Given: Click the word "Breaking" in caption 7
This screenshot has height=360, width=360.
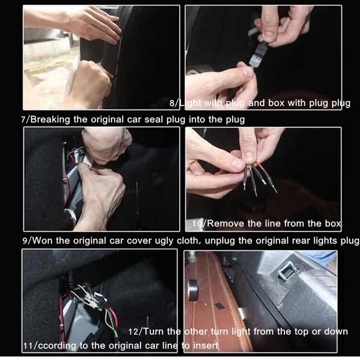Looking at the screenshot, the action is coord(50,120).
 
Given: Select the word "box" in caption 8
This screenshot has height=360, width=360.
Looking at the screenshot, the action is coord(276,103).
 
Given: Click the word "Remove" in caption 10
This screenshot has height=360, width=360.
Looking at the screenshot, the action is coord(225,223).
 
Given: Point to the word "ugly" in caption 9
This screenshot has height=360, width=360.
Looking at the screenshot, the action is coord(164,241).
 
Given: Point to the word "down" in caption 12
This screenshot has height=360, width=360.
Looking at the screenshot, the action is coord(336,332).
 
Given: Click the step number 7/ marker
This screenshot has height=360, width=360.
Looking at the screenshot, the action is coord(25,120).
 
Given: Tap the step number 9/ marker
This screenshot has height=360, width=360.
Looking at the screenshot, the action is coord(28,241).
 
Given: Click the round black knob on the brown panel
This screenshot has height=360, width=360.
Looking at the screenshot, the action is coord(193,290).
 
